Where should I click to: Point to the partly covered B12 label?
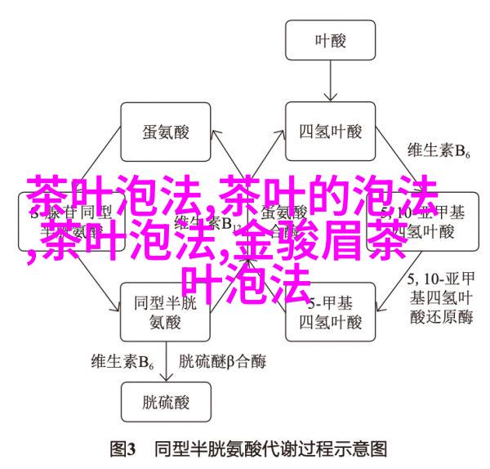pos(225,222)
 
